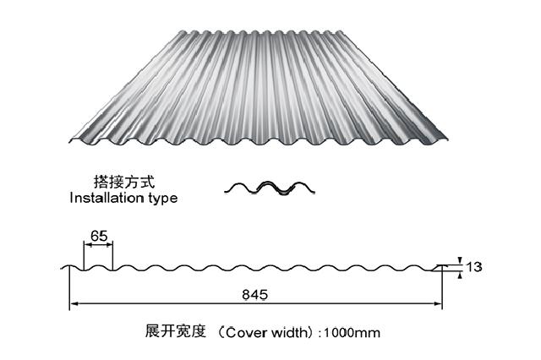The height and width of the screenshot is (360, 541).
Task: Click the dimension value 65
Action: tap(98, 237)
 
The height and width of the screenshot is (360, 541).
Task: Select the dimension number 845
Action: tap(254, 295)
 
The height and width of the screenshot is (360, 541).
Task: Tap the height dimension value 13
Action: tap(473, 268)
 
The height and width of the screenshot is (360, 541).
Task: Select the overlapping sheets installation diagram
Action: tap(270, 188)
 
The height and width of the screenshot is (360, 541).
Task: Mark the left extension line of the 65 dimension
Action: tap(84, 255)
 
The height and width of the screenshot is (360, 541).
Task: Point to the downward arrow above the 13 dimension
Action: tap(456, 261)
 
